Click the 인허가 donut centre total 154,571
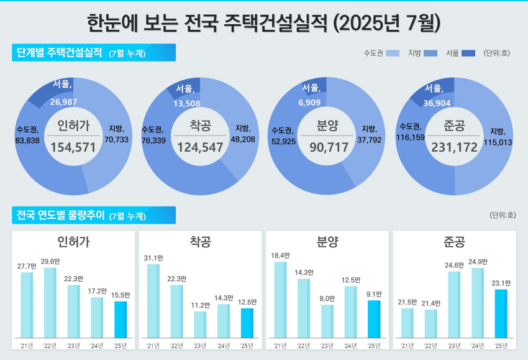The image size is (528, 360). [73, 147]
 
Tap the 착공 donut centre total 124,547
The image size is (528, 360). [200, 147]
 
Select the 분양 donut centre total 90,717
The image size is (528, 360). [327, 147]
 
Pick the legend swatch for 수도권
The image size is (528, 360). [393, 53]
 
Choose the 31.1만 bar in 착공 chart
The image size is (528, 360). [153, 301]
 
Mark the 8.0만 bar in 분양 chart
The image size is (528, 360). [327, 321]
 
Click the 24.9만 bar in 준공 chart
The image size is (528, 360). [478, 303]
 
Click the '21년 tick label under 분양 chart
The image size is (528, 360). [280, 346]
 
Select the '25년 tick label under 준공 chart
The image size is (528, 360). [501, 346]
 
